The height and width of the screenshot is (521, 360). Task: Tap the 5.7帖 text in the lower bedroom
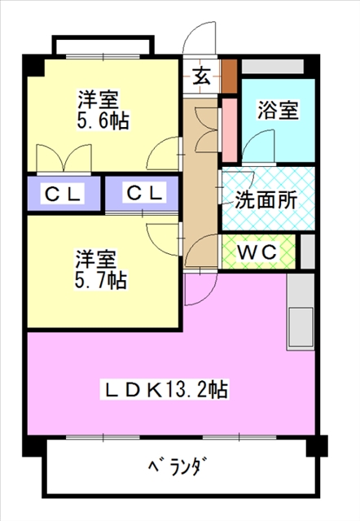101,281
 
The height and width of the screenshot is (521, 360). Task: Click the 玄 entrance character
200,77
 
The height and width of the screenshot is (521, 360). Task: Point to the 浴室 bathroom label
277,109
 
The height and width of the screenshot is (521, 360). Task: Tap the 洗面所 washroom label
266,199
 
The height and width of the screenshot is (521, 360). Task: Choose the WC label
258,252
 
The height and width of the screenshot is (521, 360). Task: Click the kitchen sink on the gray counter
301,326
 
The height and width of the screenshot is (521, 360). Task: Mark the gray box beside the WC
307,251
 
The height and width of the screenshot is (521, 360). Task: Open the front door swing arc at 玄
200,41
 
